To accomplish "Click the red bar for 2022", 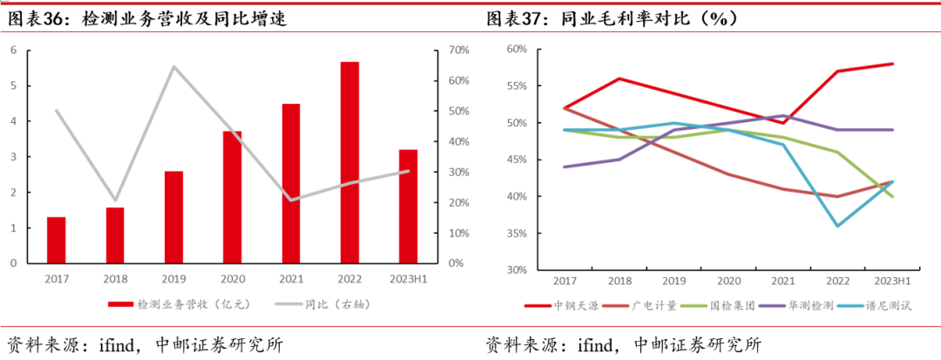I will (x=349, y=163).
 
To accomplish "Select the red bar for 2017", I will (x=56, y=240).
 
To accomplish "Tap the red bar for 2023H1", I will (x=408, y=207).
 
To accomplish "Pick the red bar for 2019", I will (x=173, y=217).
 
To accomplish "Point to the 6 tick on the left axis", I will (x=13, y=51).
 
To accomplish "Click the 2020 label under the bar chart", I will (x=232, y=278).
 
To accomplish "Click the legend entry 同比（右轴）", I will (x=308, y=304).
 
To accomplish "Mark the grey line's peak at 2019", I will (x=173, y=66).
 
